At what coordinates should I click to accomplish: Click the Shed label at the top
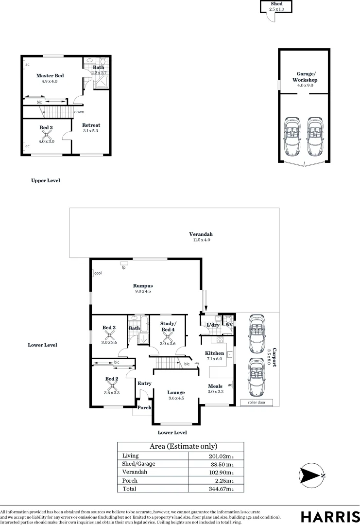click(275, 3)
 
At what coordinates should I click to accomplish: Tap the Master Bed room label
click(50, 76)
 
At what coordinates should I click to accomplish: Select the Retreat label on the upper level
click(91, 125)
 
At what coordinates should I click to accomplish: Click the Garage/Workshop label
click(305, 77)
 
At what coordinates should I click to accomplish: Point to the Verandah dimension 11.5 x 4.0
click(201, 240)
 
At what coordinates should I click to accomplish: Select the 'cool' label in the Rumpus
click(98, 273)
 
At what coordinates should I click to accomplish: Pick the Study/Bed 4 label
click(168, 327)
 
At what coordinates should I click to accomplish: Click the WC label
click(228, 324)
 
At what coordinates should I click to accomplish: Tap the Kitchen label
click(214, 353)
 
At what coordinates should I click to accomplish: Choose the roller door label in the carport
click(257, 402)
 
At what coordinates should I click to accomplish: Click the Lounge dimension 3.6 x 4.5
click(176, 399)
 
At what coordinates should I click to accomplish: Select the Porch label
click(144, 407)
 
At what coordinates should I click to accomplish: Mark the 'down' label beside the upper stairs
click(79, 112)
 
